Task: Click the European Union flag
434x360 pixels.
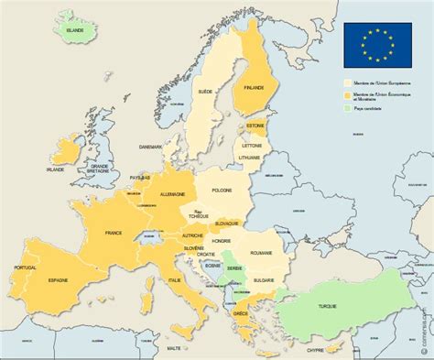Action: (377, 44)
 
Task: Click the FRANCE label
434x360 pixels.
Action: (115, 234)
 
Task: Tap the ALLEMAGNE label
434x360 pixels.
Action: (172, 195)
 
